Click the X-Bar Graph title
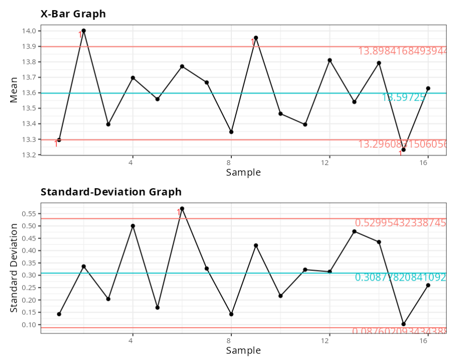pos(73,14)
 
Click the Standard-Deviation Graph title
pos(111,192)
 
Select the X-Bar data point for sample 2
pos(84,30)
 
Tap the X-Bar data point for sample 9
pos(256,38)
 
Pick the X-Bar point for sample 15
pos(404,150)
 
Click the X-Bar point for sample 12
pos(330,60)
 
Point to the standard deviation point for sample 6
pos(182,209)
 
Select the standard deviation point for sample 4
pos(133,226)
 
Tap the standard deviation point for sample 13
pos(354,231)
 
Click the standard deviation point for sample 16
pos(428,285)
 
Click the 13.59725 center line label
pos(404,97)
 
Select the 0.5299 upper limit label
pos(400,223)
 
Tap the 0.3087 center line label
pos(400,277)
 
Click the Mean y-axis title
pos(14,90)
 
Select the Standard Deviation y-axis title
pos(14,268)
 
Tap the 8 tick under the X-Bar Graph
pos(231,163)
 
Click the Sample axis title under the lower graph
pos(243,350)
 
